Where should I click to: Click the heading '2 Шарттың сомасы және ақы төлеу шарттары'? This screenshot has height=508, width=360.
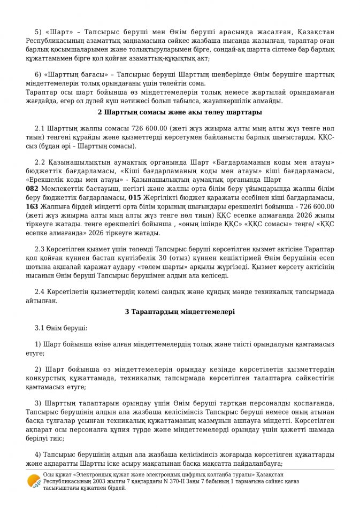pyautogui.click(x=180, y=112)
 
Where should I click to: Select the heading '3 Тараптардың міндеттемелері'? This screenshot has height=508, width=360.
pyautogui.click(x=180, y=311)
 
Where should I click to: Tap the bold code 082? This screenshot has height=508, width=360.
pyautogui.click(x=32, y=189)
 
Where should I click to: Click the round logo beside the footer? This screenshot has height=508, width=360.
pyautogui.click(x=34, y=481)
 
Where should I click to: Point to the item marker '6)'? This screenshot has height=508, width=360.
pyautogui.click(x=38, y=74)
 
